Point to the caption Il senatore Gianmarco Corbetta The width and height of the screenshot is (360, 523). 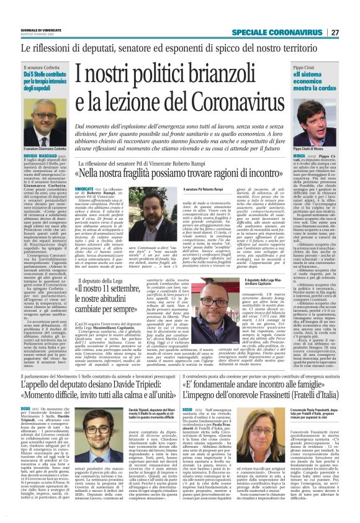tap(45, 149)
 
